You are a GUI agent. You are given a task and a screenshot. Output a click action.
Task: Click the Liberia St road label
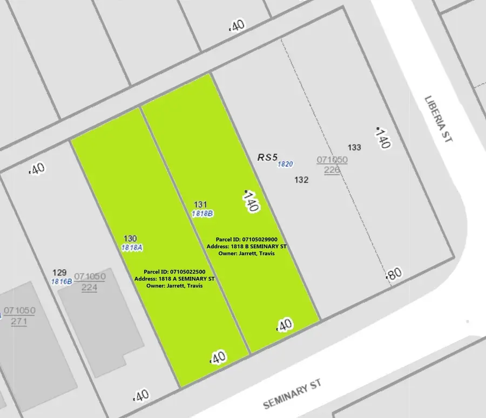point(438,119)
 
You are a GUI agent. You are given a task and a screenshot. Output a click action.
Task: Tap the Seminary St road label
point(292,393)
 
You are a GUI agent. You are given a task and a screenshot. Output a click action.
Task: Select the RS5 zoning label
point(267,157)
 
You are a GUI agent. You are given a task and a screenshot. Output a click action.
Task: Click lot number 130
point(130,238)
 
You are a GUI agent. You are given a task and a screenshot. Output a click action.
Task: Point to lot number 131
point(200,204)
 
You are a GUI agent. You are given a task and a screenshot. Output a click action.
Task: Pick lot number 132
point(301,180)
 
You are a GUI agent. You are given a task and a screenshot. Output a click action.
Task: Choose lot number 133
point(354,147)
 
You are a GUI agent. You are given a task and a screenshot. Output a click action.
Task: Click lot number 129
point(59,273)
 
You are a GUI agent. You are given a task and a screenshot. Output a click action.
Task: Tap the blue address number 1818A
point(132,247)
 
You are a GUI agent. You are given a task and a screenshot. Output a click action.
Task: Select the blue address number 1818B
point(203,213)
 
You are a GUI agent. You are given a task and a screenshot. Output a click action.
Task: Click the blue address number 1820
point(285,164)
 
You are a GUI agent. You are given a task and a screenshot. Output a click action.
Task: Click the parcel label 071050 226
point(332,165)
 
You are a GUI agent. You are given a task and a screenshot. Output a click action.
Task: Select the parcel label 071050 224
point(90,282)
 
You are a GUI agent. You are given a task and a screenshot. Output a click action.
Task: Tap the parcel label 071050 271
point(19,316)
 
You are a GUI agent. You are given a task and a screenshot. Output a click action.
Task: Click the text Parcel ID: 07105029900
point(246,239)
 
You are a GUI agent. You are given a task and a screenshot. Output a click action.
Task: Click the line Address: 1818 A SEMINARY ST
point(174,279)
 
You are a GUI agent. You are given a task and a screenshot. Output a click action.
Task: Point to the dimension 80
point(394,274)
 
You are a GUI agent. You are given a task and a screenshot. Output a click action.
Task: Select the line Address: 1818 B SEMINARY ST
point(246,246)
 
